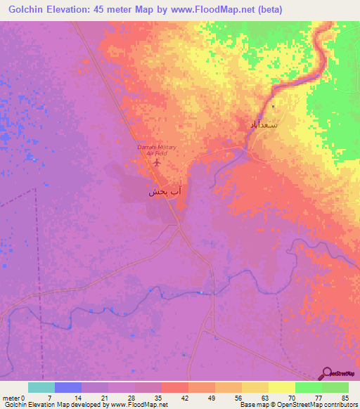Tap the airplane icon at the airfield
click(156, 162)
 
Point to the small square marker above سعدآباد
click(274, 106)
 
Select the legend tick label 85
click(345, 397)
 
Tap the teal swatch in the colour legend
click(41, 387)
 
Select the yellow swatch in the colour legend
click(282, 387)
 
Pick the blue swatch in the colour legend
click(68, 387)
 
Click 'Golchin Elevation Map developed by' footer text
click(43, 405)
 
